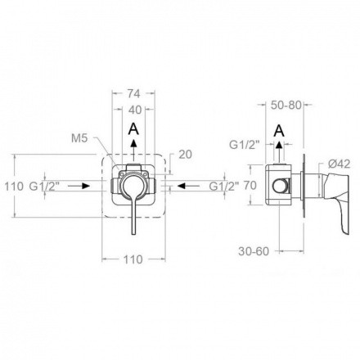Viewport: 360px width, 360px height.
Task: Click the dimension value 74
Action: point(133,93)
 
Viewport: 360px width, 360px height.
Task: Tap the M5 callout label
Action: point(79,138)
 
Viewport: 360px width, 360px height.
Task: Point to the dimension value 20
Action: point(185,155)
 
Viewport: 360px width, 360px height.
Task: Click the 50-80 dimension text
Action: point(286,105)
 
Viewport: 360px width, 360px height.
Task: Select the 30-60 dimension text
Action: point(254,251)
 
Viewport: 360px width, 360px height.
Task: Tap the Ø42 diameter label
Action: point(339,164)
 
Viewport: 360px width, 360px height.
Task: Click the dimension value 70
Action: point(250,186)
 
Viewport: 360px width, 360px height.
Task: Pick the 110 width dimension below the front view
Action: point(133,259)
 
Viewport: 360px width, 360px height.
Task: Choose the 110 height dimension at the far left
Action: point(14,187)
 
